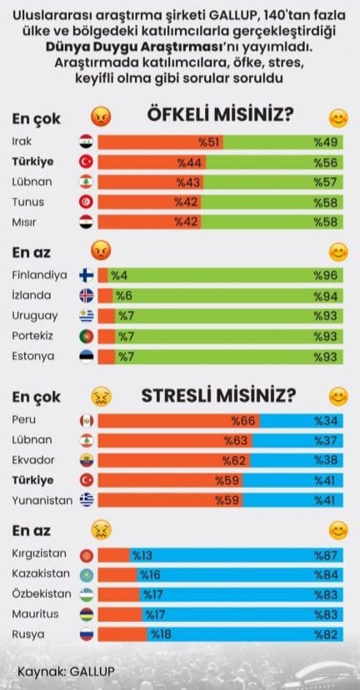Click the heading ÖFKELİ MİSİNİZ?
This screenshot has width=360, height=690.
point(220,115)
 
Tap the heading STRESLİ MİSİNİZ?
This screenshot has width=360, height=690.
point(218,396)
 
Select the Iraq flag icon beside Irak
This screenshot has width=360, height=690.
point(87,142)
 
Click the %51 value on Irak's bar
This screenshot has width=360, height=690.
point(208,142)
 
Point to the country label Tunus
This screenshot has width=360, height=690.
point(28,202)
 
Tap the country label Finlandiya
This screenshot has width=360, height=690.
point(40,275)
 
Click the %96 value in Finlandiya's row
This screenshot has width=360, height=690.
point(326,276)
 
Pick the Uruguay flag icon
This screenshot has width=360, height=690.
point(87,316)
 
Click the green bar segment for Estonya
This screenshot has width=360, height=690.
point(229,357)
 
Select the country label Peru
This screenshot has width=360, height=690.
point(24,419)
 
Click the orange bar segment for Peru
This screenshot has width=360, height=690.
point(178,421)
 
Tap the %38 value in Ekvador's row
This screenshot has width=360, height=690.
point(326,460)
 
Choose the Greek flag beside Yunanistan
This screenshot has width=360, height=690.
point(87,500)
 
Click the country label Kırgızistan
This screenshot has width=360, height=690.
point(39,553)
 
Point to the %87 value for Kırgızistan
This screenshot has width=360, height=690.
point(326,555)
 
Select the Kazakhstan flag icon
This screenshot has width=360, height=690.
point(87,575)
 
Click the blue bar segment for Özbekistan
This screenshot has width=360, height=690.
point(241,594)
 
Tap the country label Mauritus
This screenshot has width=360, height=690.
point(35,614)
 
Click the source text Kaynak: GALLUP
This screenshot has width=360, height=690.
point(66,672)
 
